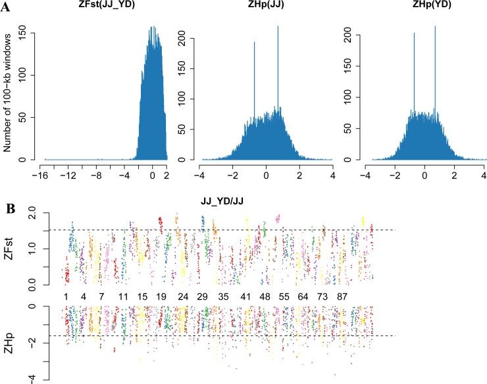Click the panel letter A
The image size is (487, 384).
(x=6, y=6)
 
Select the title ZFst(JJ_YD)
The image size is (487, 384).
(x=106, y=7)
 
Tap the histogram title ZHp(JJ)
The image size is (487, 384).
(x=267, y=7)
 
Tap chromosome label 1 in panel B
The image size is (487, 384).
(x=66, y=297)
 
